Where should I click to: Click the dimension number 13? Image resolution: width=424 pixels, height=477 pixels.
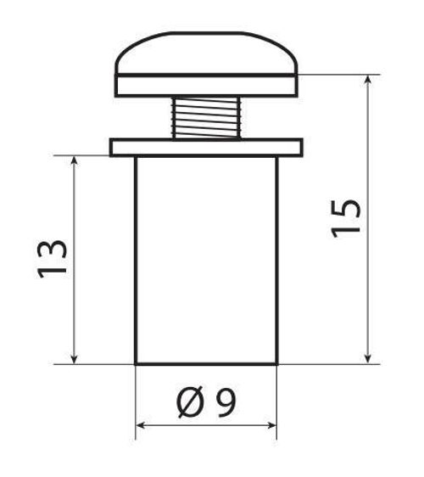pyautogui.click(x=52, y=259)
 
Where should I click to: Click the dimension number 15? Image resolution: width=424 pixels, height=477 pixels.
pyautogui.click(x=346, y=218)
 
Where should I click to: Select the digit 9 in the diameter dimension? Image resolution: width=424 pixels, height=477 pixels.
pyautogui.click(x=226, y=402)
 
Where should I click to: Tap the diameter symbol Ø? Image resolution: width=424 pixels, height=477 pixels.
pyautogui.click(x=189, y=401)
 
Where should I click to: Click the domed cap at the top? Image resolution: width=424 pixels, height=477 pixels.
pyautogui.click(x=206, y=53)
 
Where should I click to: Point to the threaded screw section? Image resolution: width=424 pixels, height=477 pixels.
pyautogui.click(x=206, y=118)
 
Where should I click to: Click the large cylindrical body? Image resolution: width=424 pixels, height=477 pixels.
pyautogui.click(x=206, y=260)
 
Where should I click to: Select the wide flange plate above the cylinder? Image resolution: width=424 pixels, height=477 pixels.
pyautogui.click(x=206, y=147)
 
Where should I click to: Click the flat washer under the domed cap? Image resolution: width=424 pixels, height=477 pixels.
pyautogui.click(x=206, y=86)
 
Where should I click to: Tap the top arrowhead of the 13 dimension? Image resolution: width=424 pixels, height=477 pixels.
pyautogui.click(x=74, y=160)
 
